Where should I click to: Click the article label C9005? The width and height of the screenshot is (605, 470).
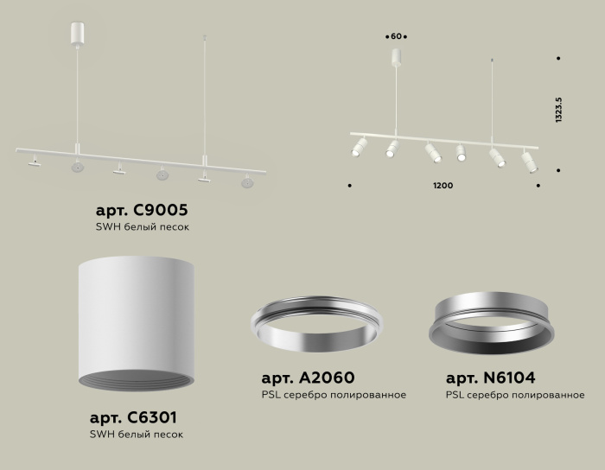tap(142, 211)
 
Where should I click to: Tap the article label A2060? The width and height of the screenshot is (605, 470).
tap(308, 378)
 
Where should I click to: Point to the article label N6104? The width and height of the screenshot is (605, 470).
tap(490, 378)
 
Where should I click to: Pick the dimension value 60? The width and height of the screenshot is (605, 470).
tap(397, 37)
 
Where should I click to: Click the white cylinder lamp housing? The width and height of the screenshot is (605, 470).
tap(128, 320)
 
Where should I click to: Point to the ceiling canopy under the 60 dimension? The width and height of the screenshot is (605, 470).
tap(397, 58)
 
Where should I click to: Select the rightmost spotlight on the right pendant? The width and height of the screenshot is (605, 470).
tap(529, 162)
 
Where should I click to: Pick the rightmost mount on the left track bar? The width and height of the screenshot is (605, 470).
tap(248, 181)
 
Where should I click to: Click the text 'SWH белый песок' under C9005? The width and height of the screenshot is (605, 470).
tap(143, 227)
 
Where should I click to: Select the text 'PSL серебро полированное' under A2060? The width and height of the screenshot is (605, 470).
tap(334, 395)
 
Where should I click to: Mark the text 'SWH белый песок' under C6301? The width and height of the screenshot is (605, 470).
tap(136, 435)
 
